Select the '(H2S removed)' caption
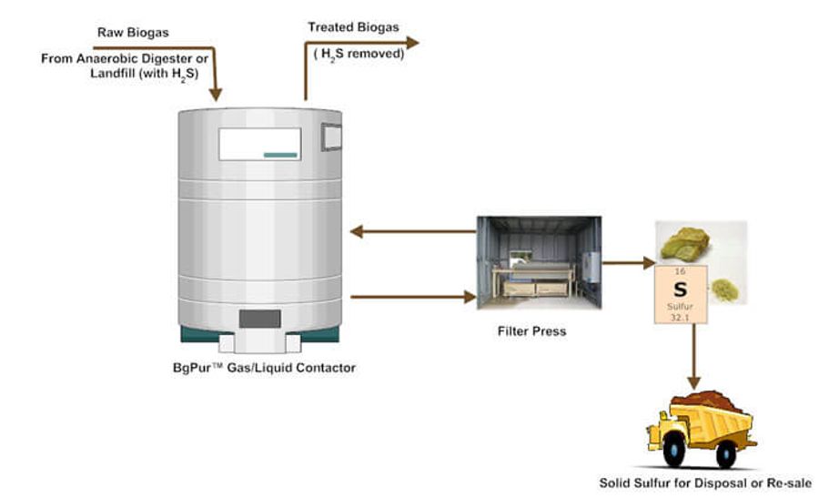359,53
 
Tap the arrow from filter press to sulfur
629,263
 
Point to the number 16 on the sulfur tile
680,271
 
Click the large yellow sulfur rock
688,242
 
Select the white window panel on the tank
259,144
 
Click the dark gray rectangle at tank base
259,319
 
